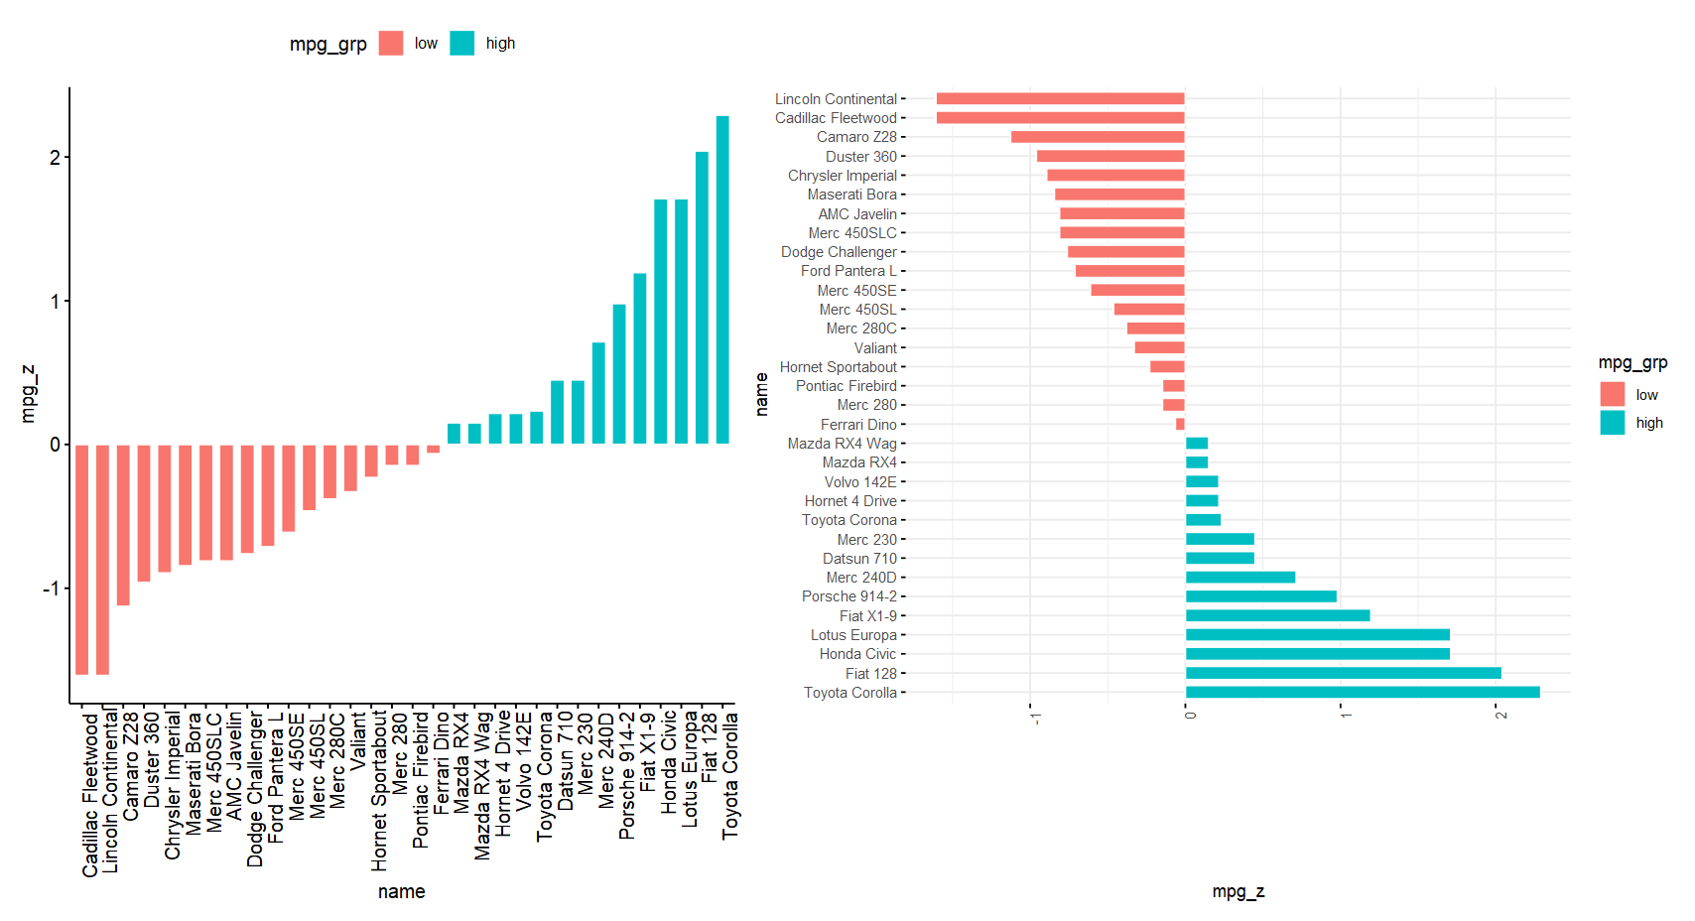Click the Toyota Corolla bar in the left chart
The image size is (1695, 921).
tap(722, 280)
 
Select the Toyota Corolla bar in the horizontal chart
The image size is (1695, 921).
tap(1363, 693)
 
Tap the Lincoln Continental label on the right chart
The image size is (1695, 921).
tap(836, 99)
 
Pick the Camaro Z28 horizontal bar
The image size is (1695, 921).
tap(1098, 137)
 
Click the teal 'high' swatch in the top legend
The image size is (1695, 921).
tap(462, 44)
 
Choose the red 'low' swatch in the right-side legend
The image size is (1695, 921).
tap(1613, 394)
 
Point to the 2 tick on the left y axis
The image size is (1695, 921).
tap(55, 158)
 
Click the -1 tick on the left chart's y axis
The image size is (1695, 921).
tap(51, 589)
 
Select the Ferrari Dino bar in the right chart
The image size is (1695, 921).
tap(1180, 425)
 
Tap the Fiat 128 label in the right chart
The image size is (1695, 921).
tap(870, 674)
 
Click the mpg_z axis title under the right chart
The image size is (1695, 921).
tap(1238, 891)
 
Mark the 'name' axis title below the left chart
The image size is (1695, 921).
tap(401, 891)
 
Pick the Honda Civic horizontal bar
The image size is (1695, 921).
tap(1318, 654)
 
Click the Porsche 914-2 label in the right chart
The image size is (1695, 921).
tap(848, 596)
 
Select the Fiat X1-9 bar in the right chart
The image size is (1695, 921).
tap(1277, 615)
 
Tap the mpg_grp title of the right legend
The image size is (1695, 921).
tap(1632, 363)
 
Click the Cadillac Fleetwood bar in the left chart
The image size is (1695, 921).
tap(82, 560)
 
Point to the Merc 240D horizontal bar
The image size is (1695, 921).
tap(1240, 578)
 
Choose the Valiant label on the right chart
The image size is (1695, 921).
tap(875, 348)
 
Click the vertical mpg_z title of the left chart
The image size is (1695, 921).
tap(29, 394)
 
